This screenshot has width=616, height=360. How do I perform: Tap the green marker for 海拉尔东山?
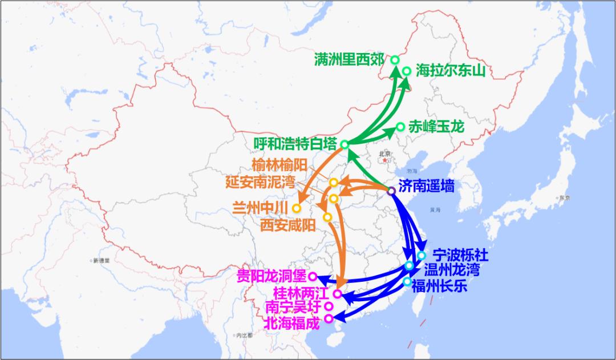(407, 71)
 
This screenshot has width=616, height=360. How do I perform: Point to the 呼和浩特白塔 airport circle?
(345, 144)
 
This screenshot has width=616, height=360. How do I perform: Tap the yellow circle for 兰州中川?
(297, 208)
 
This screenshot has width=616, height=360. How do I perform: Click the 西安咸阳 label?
(287, 225)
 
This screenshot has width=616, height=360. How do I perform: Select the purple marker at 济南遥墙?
(391, 191)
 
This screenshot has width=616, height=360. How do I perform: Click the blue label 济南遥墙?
(427, 186)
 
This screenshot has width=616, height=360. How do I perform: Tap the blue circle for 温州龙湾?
(409, 266)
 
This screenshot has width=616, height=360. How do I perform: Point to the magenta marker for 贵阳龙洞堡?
(313, 277)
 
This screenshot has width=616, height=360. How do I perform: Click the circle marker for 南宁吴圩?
(329, 306)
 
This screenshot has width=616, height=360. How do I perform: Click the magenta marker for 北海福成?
(329, 318)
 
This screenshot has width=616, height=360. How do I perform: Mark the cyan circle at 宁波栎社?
(422, 255)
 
